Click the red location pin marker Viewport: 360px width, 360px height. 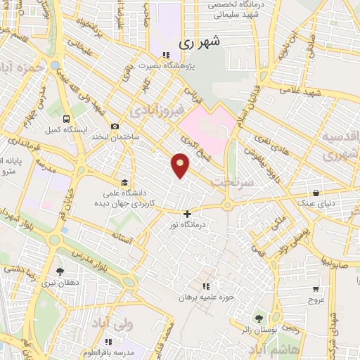(181, 165)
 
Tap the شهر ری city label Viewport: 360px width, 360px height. (199, 42)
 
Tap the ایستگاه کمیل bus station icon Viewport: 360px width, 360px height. (66, 119)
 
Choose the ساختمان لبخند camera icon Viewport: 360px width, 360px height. (115, 126)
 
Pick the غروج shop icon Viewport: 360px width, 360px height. (316, 288)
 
